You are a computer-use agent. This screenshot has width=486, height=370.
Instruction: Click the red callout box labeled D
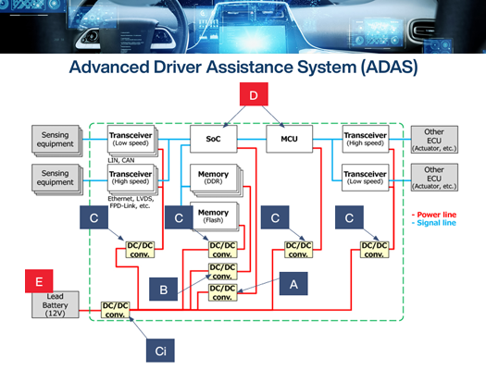tap(253, 95)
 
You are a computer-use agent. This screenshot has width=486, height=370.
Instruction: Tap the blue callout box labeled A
tap(294, 285)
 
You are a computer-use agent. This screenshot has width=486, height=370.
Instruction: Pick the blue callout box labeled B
tap(163, 290)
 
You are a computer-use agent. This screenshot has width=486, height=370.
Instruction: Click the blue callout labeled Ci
tap(158, 350)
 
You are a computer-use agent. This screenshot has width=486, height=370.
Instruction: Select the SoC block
tap(210, 139)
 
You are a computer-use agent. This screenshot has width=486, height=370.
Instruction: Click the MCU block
tap(282, 139)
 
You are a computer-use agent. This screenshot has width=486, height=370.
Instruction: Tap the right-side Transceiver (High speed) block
tap(362, 137)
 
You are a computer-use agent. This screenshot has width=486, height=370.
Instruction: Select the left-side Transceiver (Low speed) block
tap(130, 137)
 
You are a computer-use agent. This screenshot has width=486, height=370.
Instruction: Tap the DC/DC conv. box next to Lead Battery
tap(114, 308)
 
